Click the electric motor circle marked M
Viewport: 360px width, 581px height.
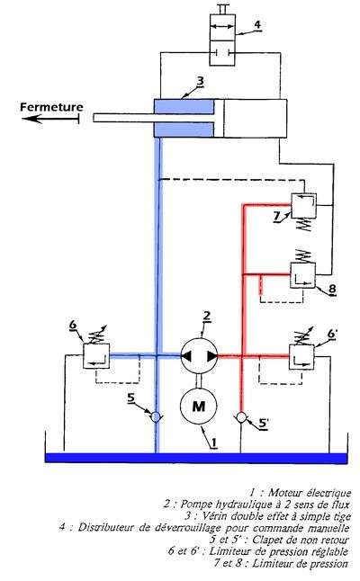click(199, 406)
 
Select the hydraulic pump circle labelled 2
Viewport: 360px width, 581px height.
click(199, 356)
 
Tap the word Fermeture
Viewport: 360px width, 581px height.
click(51, 107)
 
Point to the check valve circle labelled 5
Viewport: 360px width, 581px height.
click(157, 417)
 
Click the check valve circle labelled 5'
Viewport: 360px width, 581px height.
click(241, 417)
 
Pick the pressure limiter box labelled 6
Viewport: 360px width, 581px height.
click(96, 356)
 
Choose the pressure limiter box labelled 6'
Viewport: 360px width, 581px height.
click(301, 356)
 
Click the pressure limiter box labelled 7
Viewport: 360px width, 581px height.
click(303, 205)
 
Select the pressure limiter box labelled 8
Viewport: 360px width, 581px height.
click(303, 275)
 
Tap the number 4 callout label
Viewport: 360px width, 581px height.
click(257, 25)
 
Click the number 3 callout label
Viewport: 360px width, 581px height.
click(200, 81)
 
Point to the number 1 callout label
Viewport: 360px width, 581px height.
click(213, 442)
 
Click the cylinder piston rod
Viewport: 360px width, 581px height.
click(154, 118)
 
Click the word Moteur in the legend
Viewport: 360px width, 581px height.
click(285, 493)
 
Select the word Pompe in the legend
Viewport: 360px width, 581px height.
click(196, 505)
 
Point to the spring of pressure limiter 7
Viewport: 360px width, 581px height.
click(305, 225)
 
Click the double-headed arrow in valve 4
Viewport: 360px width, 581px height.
click(222, 26)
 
